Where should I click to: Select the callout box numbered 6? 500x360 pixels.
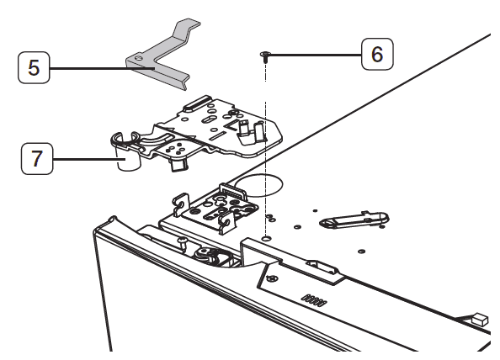click(376, 55)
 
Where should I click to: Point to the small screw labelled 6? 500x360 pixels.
click(264, 56)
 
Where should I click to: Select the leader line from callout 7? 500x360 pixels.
click(84, 156)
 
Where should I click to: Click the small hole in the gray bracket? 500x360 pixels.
click(140, 58)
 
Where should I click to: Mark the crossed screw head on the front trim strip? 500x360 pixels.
click(272, 278)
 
